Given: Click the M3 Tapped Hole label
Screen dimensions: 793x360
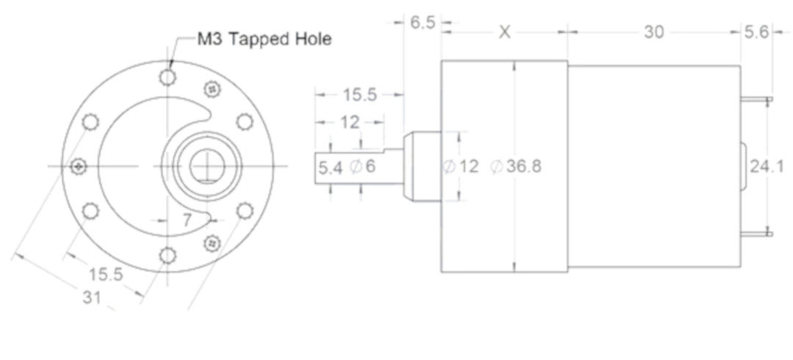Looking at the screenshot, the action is (x=264, y=39).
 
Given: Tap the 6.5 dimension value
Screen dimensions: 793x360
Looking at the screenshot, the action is (x=422, y=24).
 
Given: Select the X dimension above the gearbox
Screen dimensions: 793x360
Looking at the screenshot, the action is (x=504, y=32).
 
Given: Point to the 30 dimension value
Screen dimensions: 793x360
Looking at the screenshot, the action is (x=654, y=32).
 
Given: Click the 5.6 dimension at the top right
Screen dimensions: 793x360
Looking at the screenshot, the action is (x=756, y=32).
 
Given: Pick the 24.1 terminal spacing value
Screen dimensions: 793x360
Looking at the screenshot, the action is (x=766, y=166).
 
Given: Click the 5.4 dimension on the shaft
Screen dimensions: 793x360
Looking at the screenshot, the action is (x=330, y=168).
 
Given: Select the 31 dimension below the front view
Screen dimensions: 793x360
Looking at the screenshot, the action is (x=92, y=298).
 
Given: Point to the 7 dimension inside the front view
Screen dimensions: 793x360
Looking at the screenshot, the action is (x=187, y=220).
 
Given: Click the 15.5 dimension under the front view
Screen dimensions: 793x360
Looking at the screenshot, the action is (x=106, y=275).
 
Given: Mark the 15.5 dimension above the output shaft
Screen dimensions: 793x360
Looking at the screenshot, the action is (x=360, y=95).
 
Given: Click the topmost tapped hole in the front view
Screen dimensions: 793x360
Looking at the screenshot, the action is (x=167, y=77).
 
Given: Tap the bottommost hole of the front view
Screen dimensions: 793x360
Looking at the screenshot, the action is (x=167, y=256).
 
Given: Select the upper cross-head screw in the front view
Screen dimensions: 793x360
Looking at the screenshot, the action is (x=212, y=89).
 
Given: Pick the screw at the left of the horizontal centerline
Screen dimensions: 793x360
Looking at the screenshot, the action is (x=77, y=165).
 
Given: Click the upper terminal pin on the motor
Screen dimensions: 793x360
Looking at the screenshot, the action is (x=756, y=100).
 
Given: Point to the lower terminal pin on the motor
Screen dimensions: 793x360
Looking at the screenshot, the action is (x=756, y=234).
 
